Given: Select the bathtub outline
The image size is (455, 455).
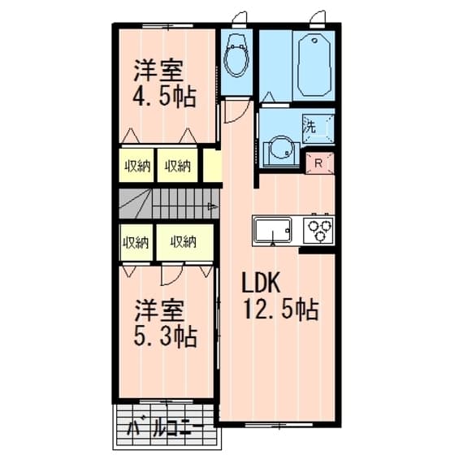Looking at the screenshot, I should pyautogui.click(x=314, y=65).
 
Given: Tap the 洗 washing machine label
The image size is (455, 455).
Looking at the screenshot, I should pyautogui.click(x=310, y=127).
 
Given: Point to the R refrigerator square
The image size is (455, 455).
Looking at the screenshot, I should pyautogui.click(x=318, y=162).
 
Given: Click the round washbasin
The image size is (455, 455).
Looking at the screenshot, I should pyautogui.click(x=279, y=149).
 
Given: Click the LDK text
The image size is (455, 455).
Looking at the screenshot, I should pyautogui.click(x=262, y=284).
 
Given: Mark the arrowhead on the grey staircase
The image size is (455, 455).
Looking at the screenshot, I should pyautogui.click(x=211, y=206).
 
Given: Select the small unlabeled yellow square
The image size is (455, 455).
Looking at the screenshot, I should pyautogui.click(x=211, y=166).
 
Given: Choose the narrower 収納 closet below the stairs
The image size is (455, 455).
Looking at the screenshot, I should pyautogui.click(x=135, y=241).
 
